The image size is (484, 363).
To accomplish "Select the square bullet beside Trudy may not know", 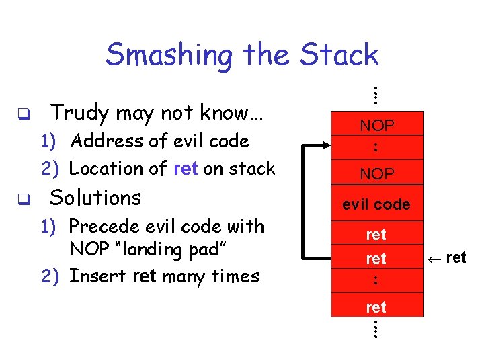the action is pyautogui.click(x=22, y=114).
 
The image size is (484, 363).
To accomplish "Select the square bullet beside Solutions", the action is pyautogui.click(x=22, y=199).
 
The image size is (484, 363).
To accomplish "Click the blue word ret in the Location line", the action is pyautogui.click(x=185, y=169).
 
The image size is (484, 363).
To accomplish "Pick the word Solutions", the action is pyautogui.click(x=95, y=198).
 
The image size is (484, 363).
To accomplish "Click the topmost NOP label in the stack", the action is pyautogui.click(x=377, y=126).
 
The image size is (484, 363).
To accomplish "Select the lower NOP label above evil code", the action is pyautogui.click(x=377, y=174).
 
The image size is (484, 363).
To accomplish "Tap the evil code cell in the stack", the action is pyautogui.click(x=376, y=204).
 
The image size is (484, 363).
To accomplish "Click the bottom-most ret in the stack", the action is pyautogui.click(x=376, y=307).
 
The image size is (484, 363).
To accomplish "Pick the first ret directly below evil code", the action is pyautogui.click(x=376, y=235).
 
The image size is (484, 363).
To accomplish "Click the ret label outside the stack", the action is pyautogui.click(x=456, y=257).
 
